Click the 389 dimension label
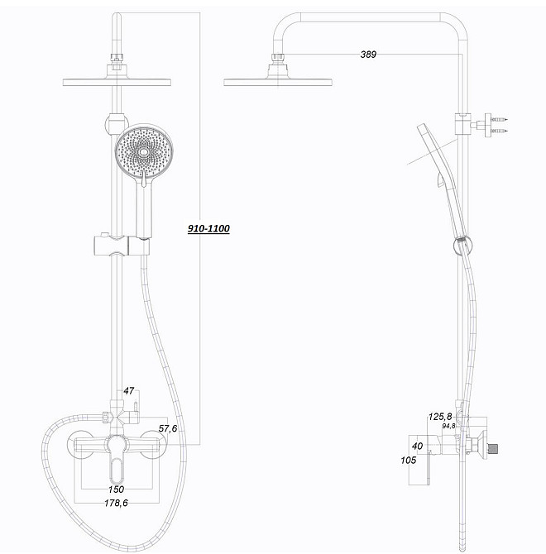[368, 55]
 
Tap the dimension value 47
[128, 389]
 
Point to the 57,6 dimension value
[169, 429]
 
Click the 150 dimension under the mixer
[116, 490]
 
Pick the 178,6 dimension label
[116, 503]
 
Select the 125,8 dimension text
[439, 416]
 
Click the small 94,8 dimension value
[448, 426]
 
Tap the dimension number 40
[417, 446]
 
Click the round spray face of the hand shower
[146, 152]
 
